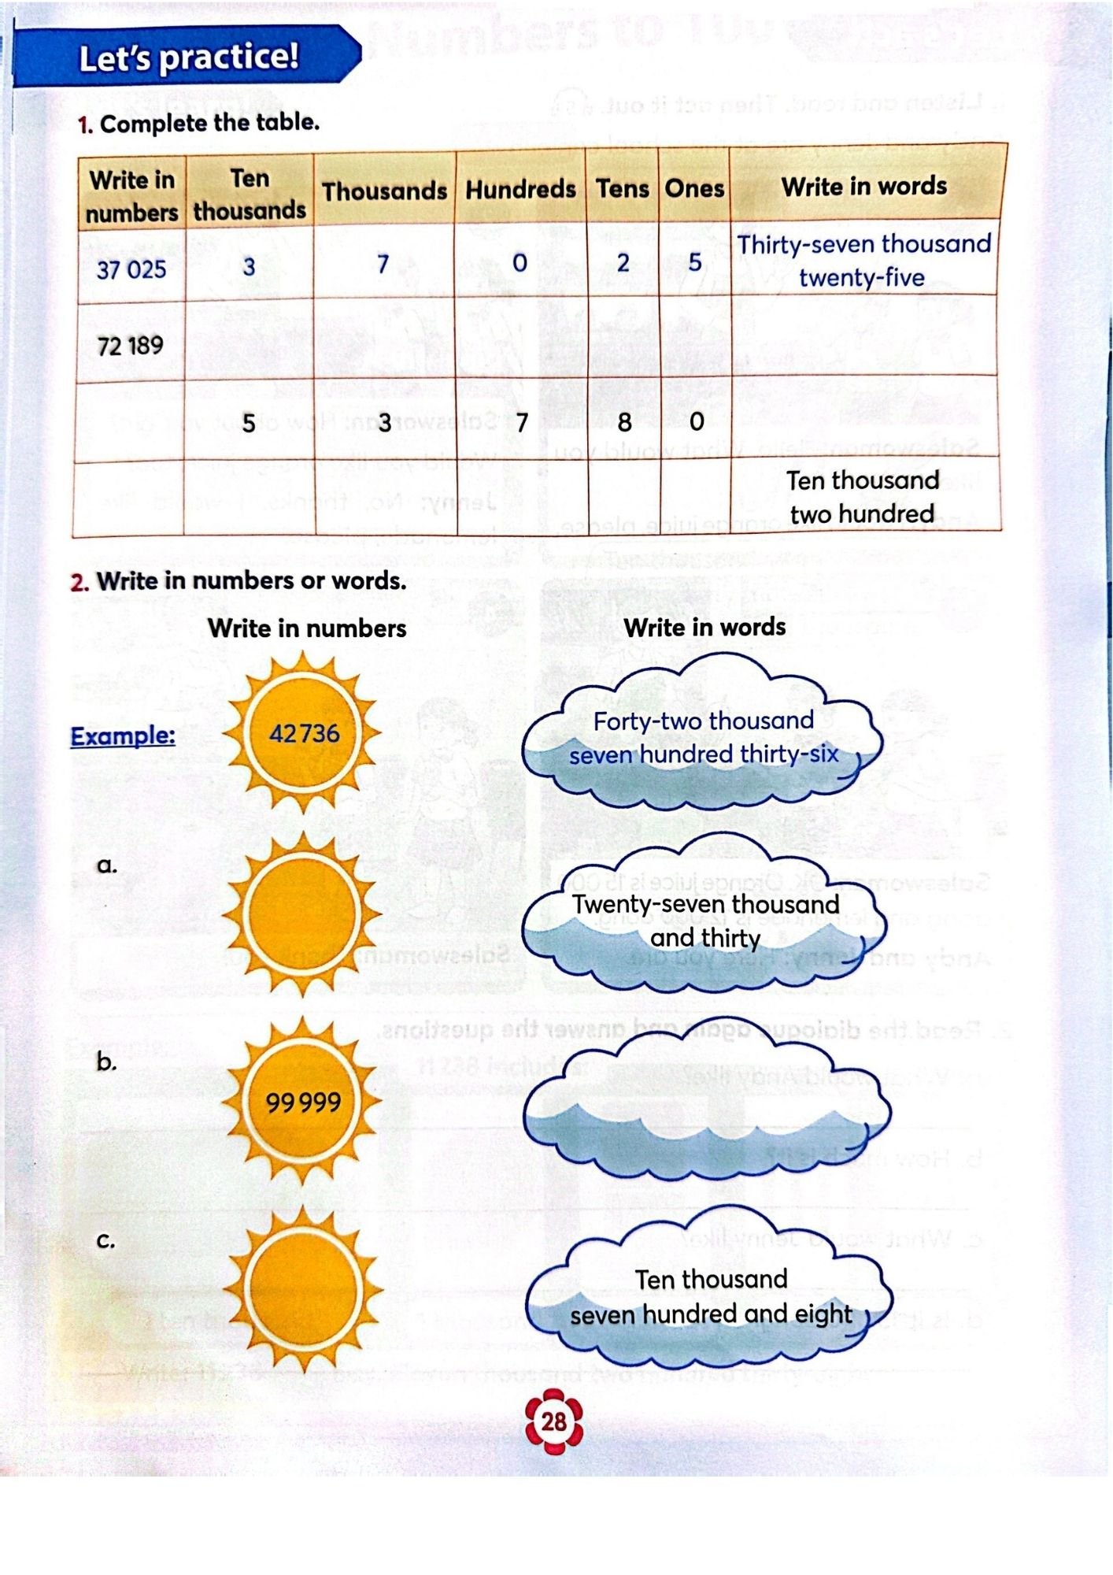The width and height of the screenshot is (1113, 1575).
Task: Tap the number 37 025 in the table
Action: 131,269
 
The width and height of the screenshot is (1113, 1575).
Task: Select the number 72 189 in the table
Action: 130,345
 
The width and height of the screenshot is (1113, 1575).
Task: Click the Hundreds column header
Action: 520,190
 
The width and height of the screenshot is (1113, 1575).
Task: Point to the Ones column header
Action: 693,189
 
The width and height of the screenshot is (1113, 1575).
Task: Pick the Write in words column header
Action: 863,187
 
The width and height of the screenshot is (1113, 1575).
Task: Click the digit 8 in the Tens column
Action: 624,423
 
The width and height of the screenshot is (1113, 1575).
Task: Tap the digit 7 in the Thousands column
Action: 383,264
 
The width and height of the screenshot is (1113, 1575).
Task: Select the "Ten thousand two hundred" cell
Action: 863,497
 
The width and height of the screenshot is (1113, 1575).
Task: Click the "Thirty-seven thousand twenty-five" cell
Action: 863,261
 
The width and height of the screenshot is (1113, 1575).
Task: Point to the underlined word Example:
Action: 123,736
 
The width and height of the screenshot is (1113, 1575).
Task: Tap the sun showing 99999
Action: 303,1102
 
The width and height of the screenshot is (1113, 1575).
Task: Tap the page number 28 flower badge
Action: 554,1421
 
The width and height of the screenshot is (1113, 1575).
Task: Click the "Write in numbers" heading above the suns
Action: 307,628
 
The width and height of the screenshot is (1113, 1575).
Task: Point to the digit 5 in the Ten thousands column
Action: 248,424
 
